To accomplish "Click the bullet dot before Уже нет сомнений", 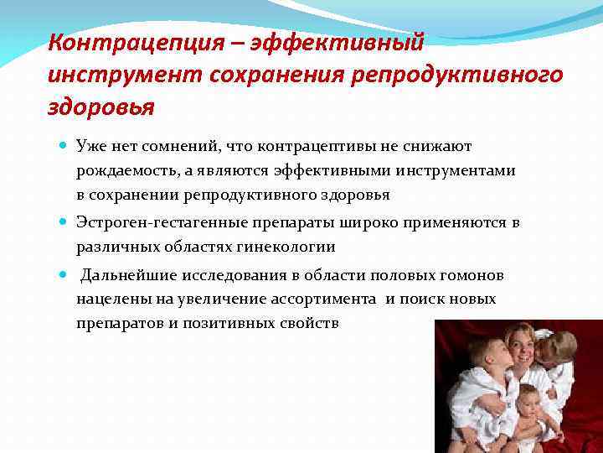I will click(x=65, y=147).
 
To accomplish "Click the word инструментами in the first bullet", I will click(x=455, y=170).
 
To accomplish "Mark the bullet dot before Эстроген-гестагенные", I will click(x=65, y=222).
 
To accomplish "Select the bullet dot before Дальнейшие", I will click(x=65, y=275).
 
